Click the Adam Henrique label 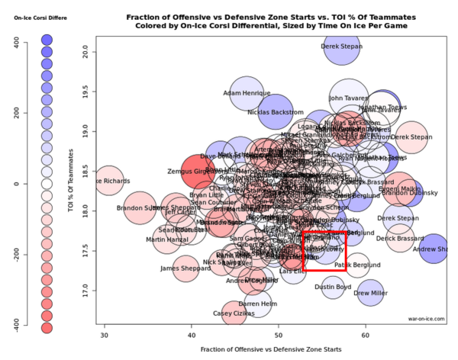(x=247, y=94)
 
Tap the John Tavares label (x=349, y=98)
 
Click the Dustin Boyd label (x=333, y=287)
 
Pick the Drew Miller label (x=370, y=293)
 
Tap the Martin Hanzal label (x=166, y=240)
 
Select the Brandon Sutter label (x=137, y=207)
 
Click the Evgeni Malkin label (x=399, y=188)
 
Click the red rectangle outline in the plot (x=324, y=250)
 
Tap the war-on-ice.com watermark (x=426, y=320)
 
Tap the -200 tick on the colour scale (x=15, y=255)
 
